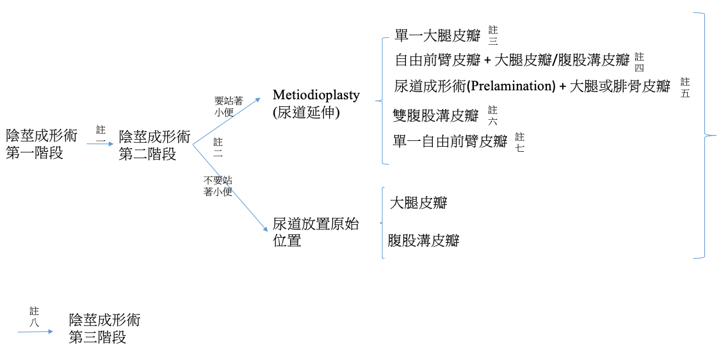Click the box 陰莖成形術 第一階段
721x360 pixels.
[x=41, y=144]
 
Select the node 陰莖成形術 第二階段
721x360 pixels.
[x=154, y=145]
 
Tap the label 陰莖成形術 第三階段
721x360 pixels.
[x=104, y=329]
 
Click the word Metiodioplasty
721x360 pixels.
[x=316, y=95]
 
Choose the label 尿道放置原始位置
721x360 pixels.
[x=316, y=232]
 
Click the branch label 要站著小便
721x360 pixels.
[x=229, y=105]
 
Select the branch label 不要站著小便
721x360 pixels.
[x=218, y=186]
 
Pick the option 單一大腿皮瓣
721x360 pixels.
[x=437, y=35]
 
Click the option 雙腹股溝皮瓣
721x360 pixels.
[x=435, y=115]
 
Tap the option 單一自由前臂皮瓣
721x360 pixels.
[x=450, y=140]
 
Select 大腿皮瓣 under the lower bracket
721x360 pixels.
[x=418, y=203]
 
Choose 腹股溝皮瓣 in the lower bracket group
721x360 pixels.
[x=424, y=241]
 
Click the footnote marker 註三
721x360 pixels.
[x=493, y=35]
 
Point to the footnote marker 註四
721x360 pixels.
[x=639, y=62]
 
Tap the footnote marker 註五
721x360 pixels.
[x=685, y=88]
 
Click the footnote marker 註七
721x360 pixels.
[x=519, y=142]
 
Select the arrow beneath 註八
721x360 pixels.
[x=36, y=332]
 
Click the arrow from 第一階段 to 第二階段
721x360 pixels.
[x=99, y=145]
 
